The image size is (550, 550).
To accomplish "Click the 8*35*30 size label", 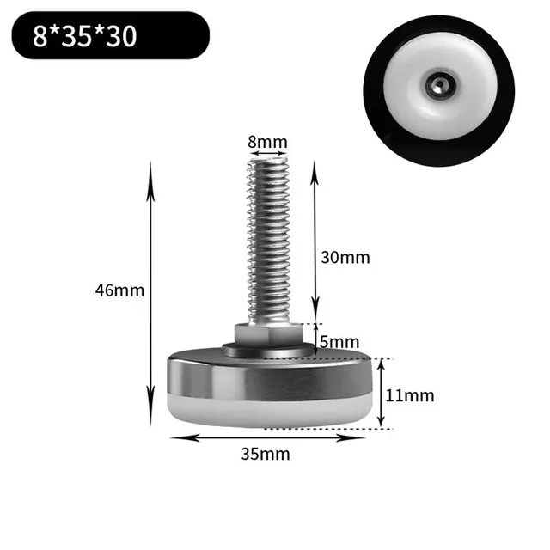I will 84,36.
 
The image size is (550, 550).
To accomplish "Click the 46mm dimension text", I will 119,290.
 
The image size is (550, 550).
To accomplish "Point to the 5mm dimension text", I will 339,342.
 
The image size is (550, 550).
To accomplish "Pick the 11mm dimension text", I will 409,395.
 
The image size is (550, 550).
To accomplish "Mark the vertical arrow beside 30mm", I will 315,241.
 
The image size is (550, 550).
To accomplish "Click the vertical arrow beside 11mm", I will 384,394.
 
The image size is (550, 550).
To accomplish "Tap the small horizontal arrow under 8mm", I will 268,153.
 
